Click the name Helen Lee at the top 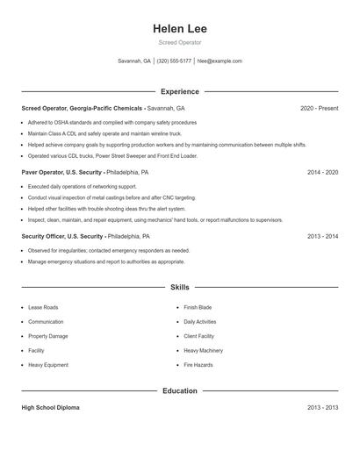tap(179, 28)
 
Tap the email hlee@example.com tap(220, 61)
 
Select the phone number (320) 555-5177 tap(174, 61)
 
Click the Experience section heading tap(179, 91)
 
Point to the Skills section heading tap(179, 287)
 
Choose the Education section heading tap(179, 390)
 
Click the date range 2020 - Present tap(319, 108)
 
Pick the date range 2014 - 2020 tap(322, 173)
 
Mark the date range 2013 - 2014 tap(322, 237)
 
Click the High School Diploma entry tap(52, 408)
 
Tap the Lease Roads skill tap(42, 308)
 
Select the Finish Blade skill tap(198, 308)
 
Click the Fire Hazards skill tap(198, 364)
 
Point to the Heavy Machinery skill tap(203, 350)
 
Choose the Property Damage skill tap(48, 336)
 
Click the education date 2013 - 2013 tap(322, 408)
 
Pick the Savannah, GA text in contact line tap(134, 61)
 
